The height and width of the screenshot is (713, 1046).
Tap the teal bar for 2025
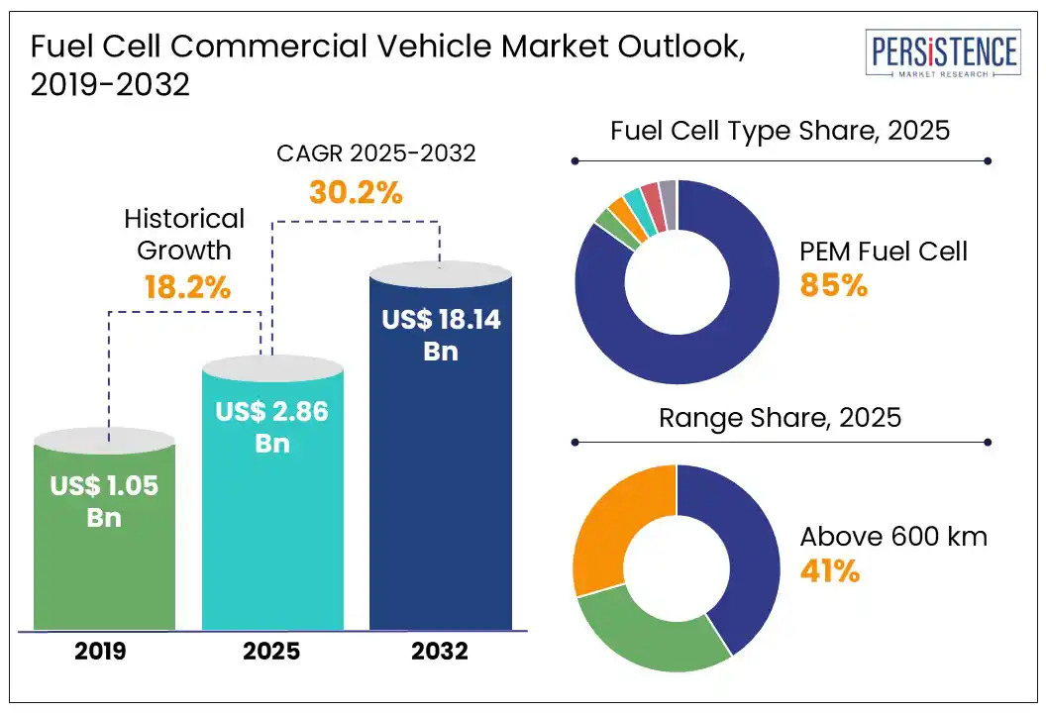coord(272,535)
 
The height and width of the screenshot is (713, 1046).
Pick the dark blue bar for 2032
coord(441,495)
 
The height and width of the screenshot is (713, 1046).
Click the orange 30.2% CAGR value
coord(356,192)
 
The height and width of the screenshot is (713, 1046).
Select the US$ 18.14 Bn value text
coord(441,335)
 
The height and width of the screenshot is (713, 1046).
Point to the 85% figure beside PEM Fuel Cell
coord(833,287)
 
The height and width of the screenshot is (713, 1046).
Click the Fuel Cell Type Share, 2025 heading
coord(781,131)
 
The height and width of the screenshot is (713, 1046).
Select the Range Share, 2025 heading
coord(781,417)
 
